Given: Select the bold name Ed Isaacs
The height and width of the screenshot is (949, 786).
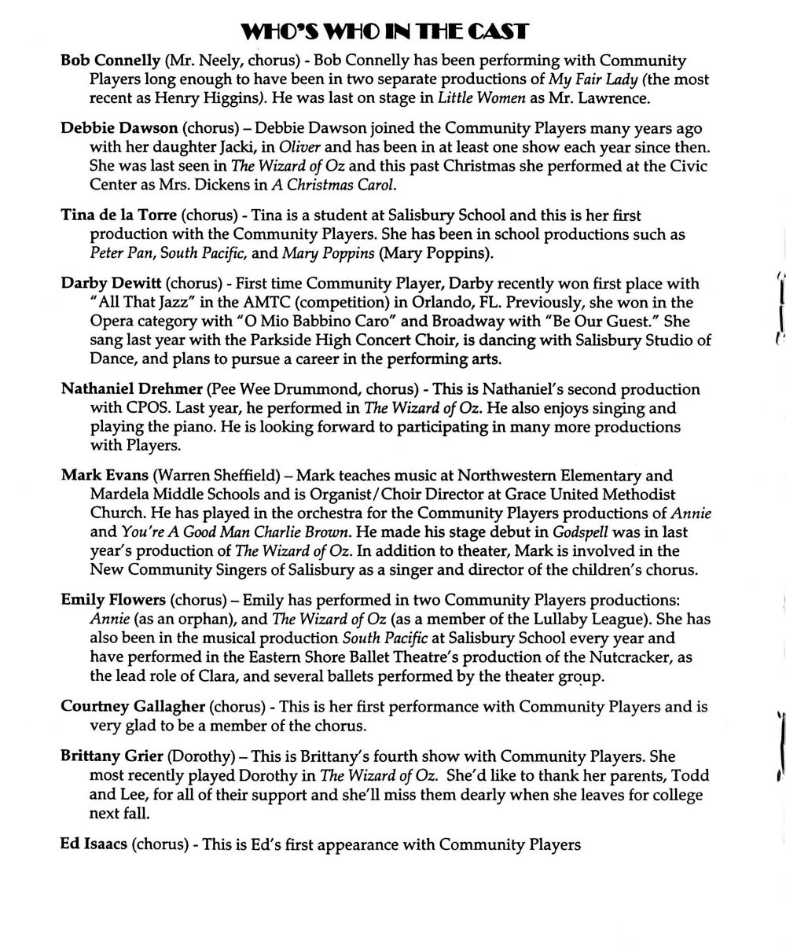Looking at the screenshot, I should [94, 844].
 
